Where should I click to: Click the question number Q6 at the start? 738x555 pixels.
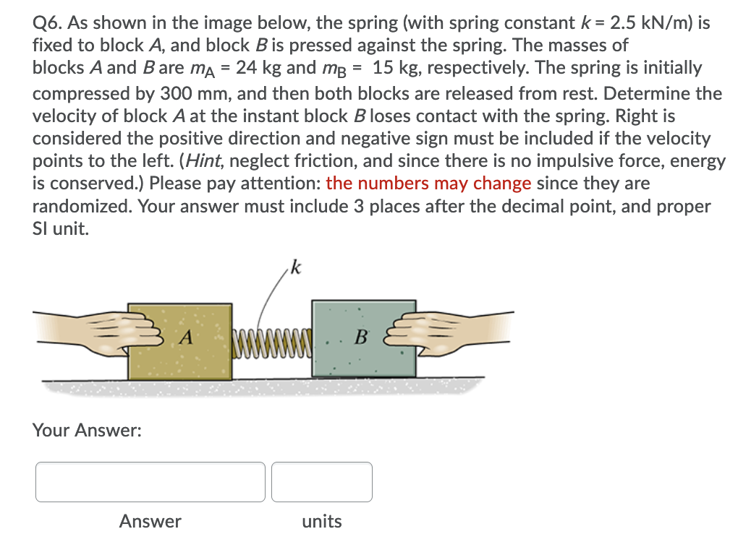point(47,23)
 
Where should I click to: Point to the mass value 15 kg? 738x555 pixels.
point(399,68)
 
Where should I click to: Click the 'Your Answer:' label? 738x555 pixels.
point(87,431)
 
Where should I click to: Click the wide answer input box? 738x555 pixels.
point(150,482)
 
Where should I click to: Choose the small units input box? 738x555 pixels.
point(322,482)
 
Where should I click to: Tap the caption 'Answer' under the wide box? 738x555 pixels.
point(150,521)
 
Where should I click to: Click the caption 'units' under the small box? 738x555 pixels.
point(322,521)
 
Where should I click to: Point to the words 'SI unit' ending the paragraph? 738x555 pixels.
point(61,228)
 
